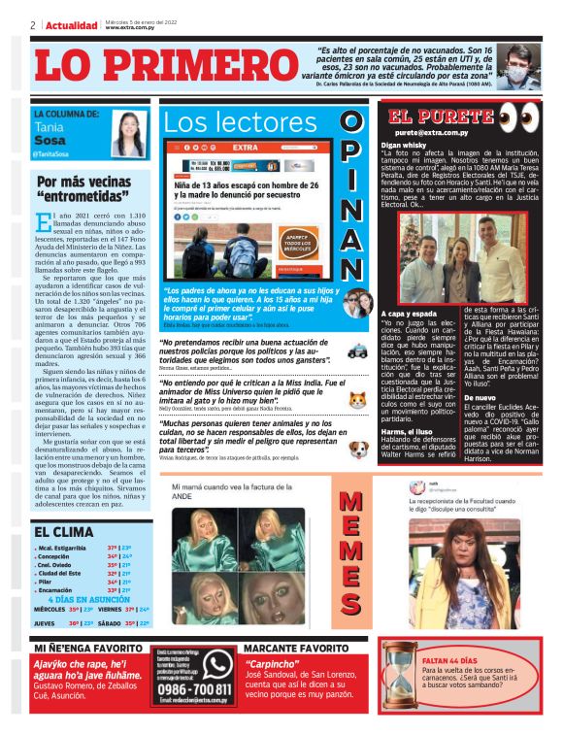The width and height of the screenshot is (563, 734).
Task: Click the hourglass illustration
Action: click(x=399, y=684)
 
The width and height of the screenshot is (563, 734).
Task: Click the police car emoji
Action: click(x=356, y=350)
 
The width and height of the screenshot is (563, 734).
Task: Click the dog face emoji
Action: click(x=356, y=448)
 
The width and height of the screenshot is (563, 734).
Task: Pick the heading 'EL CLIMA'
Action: click(x=64, y=531)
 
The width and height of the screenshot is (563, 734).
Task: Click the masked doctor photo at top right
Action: click(x=521, y=65)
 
